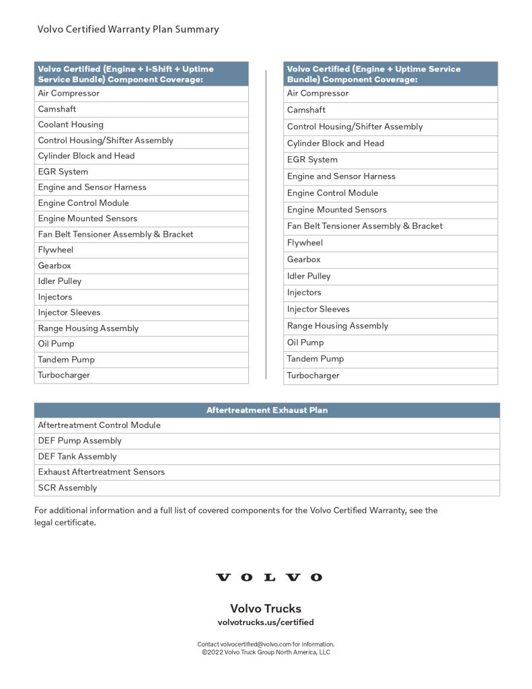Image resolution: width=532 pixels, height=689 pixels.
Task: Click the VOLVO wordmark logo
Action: coord(268,577)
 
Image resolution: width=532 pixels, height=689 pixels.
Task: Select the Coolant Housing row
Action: coord(71,124)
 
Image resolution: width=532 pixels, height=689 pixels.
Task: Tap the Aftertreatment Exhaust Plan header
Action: coord(267,410)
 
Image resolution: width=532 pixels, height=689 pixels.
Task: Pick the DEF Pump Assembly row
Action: coord(80,441)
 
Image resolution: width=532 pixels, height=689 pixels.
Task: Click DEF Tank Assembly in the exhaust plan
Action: coord(77,456)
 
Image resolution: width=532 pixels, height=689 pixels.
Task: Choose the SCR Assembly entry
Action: coord(67,488)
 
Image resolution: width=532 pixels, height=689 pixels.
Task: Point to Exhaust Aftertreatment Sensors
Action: coord(101,472)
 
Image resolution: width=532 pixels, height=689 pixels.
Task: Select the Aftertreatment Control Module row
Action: coord(99,425)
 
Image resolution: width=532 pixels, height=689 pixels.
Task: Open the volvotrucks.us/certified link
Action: coord(266,622)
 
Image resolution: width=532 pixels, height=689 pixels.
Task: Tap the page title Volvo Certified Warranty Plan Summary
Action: coord(128,29)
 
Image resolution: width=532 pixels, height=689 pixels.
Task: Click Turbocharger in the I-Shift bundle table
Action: coord(64,375)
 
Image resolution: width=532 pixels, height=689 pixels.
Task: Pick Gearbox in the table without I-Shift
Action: coord(304,259)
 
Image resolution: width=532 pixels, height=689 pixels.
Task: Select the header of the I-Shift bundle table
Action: coord(141,74)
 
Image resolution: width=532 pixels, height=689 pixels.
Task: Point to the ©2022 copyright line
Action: coord(266,652)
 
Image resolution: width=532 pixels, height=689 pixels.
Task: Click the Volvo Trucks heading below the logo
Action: coord(266,608)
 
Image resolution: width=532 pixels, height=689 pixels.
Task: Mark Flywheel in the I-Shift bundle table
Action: coord(56,250)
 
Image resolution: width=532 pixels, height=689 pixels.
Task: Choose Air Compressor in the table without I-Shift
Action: coord(318,94)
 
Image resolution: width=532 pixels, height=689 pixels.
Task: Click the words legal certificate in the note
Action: coord(65,522)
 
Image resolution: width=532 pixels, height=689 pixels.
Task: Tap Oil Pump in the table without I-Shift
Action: coord(305,342)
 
